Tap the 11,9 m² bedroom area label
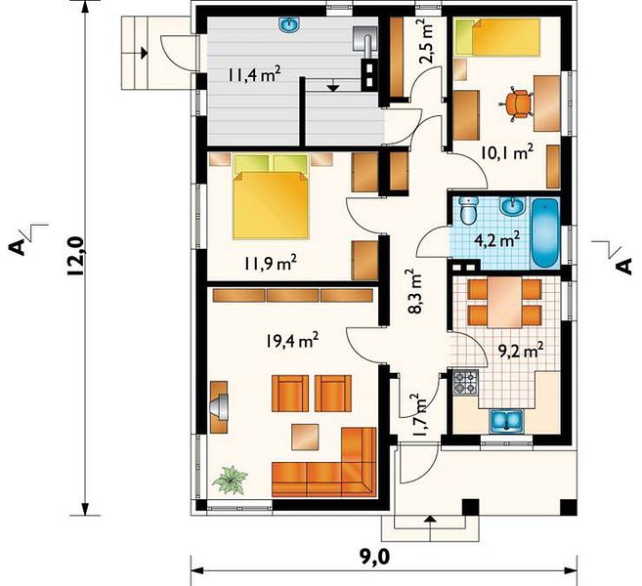271,263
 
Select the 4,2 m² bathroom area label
496,239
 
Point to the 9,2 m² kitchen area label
521,351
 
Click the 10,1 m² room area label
506,152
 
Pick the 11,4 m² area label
255,74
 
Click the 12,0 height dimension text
76,257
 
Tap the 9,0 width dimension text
374,557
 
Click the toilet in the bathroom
468,210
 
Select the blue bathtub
545,232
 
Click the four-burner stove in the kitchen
465,382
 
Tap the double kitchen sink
506,421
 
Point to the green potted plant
230,480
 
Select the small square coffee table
305,437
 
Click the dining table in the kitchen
505,303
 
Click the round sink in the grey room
290,25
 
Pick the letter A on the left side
17,247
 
